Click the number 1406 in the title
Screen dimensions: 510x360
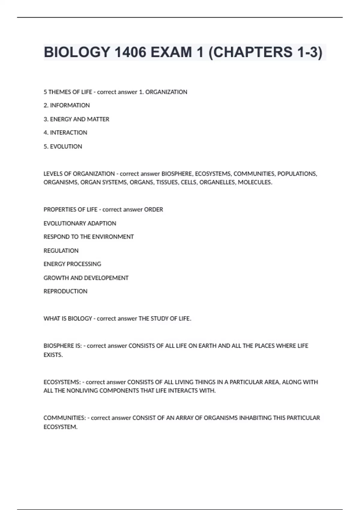pyautogui.click(x=130, y=52)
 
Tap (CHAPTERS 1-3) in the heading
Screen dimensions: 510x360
pyautogui.click(x=265, y=52)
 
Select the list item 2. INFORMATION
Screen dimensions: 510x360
pyautogui.click(x=67, y=105)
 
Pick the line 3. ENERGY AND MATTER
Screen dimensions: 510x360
pyautogui.click(x=76, y=119)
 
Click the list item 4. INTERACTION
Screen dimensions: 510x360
pyautogui.click(x=65, y=133)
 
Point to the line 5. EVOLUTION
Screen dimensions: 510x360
pyautogui.click(x=63, y=146)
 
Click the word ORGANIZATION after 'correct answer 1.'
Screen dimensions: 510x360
pyautogui.click(x=166, y=92)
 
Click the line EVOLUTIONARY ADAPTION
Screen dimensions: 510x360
pyautogui.click(x=80, y=223)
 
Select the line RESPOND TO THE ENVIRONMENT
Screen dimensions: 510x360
pyautogui.click(x=88, y=237)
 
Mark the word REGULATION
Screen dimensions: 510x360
pyautogui.click(x=61, y=250)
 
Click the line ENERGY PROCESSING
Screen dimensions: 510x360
pyautogui.click(x=72, y=264)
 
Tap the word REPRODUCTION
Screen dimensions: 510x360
pyautogui.click(x=65, y=291)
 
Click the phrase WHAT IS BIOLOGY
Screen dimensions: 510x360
pyautogui.click(x=68, y=319)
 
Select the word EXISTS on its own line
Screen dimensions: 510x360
pyautogui.click(x=53, y=355)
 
